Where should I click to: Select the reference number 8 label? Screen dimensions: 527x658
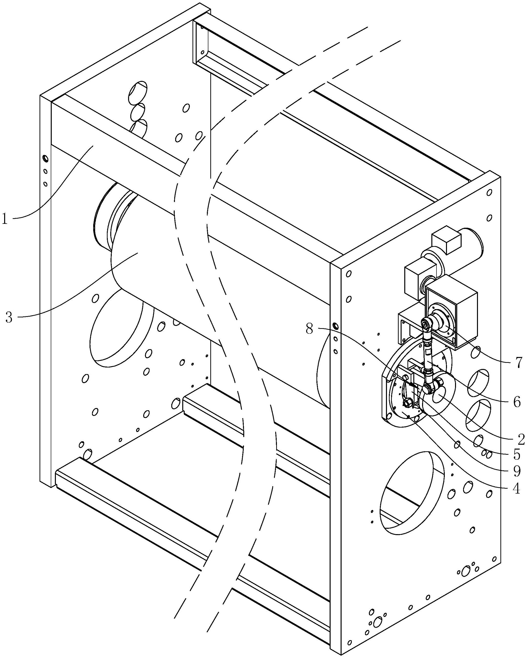[x=309, y=329]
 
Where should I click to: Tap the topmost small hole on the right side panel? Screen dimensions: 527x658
[x=489, y=193]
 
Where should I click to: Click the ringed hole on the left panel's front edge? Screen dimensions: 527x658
[x=45, y=158]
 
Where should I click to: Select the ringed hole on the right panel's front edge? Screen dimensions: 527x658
[x=335, y=326]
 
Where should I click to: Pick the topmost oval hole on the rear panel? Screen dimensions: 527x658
[x=138, y=92]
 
